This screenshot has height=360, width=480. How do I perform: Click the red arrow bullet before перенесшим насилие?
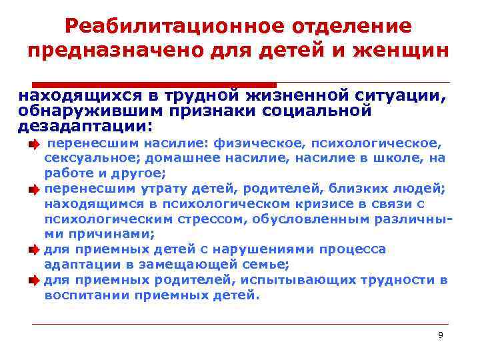click(35, 144)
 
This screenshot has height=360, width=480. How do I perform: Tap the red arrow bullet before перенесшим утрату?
click(35, 189)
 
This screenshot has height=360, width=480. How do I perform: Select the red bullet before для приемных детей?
click(35, 250)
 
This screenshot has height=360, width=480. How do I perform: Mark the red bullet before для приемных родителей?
click(35, 280)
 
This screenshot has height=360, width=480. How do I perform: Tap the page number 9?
click(440, 335)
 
